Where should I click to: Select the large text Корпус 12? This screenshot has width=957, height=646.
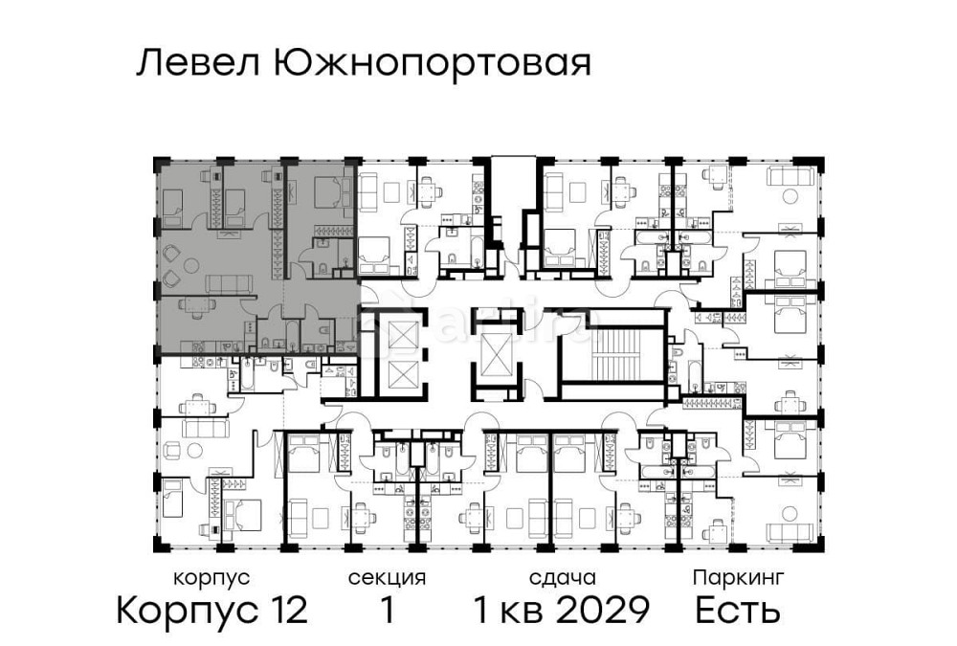[x=211, y=609]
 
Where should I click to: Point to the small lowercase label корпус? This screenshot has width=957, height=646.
[x=211, y=578]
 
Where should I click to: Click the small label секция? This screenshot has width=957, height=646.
[x=387, y=578]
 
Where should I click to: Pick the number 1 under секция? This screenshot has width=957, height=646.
[x=387, y=609]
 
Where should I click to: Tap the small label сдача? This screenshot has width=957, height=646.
[x=563, y=578]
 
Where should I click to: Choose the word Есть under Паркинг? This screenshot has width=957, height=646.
[x=738, y=609]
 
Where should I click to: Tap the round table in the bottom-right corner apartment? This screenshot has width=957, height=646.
[x=791, y=510]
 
